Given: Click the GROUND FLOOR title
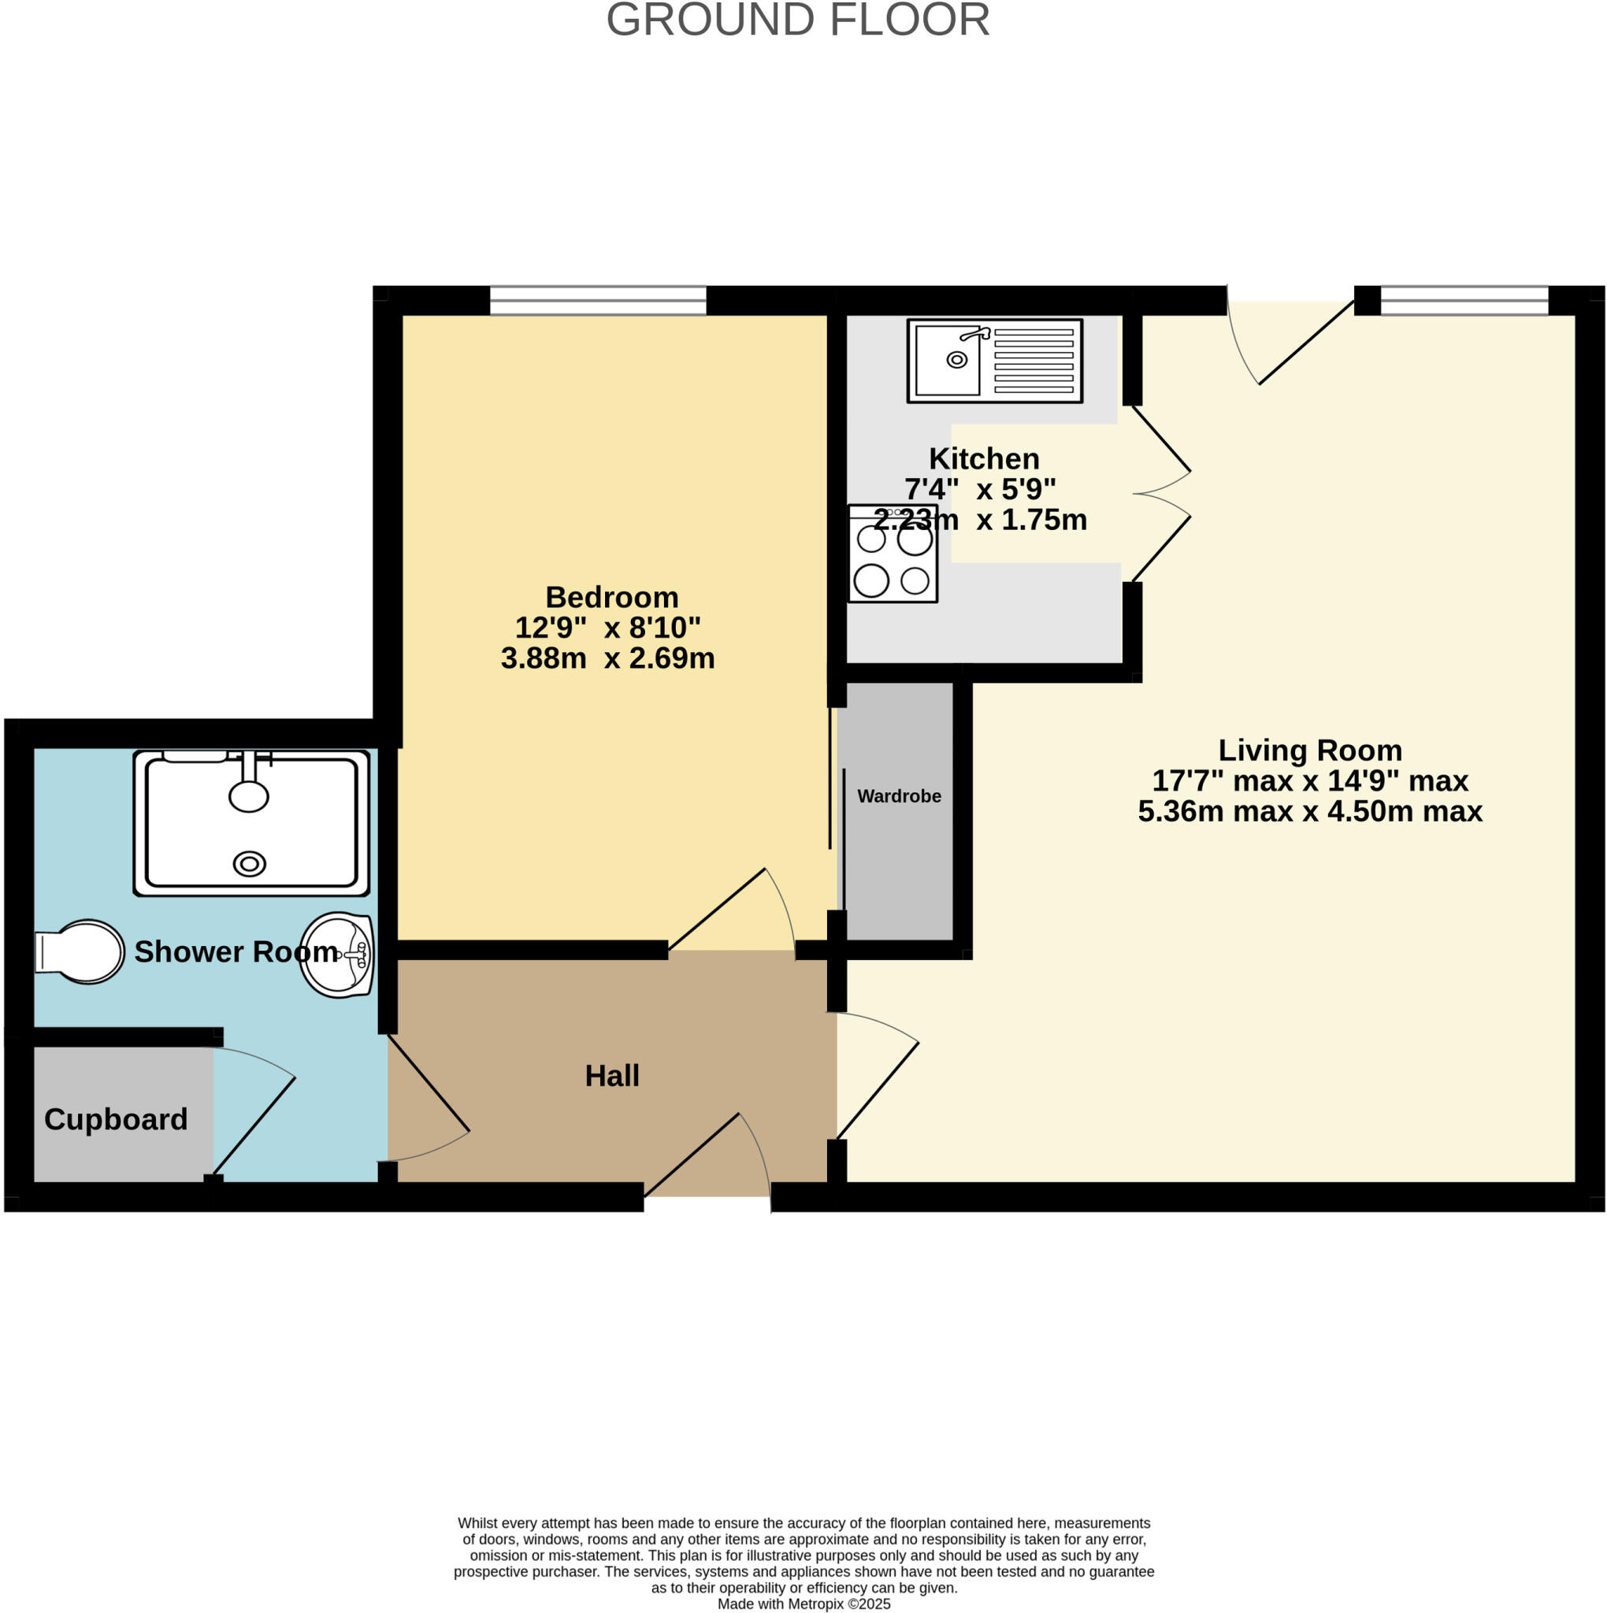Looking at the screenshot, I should click(x=798, y=20).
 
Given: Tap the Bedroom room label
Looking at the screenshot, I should click(x=611, y=597).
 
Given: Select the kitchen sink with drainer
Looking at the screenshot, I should click(x=994, y=361).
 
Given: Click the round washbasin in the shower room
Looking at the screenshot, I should click(x=337, y=954).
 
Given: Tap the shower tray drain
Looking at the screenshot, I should click(x=249, y=863).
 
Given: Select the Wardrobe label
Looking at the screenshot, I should click(x=899, y=795).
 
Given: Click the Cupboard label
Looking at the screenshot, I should click(x=115, y=1118).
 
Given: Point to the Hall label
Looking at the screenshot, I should click(x=611, y=1075).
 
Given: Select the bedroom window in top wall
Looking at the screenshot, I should click(x=597, y=301).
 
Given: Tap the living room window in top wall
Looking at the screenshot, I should click(x=1464, y=301).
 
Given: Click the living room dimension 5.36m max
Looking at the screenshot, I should click(x=1215, y=810).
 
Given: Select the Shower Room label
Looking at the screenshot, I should click(x=236, y=951).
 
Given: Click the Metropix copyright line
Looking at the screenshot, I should click(x=803, y=1604).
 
